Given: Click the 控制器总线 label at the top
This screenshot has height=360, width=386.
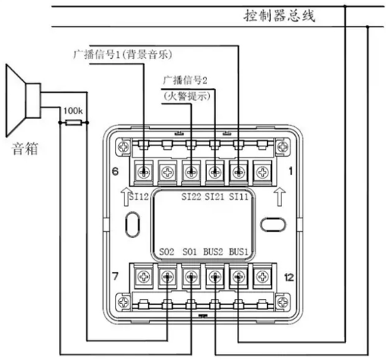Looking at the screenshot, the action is coord(279,16).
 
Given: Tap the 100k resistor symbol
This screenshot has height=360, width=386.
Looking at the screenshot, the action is coord(74,123).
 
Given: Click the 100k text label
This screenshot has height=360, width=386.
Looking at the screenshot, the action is coord(73,111).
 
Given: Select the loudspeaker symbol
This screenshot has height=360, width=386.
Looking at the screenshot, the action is coord(23,100).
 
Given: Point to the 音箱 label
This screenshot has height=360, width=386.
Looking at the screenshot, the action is coord(25,149).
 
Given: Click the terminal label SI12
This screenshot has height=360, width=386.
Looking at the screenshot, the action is coord(139,196).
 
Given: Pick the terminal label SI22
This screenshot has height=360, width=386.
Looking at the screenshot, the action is coord(191,196).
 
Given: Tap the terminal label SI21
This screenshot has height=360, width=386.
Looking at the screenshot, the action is coord(215,196).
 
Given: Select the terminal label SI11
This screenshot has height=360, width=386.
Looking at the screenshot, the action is coord(238,196).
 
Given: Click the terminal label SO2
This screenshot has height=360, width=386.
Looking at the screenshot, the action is coord(167,252).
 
